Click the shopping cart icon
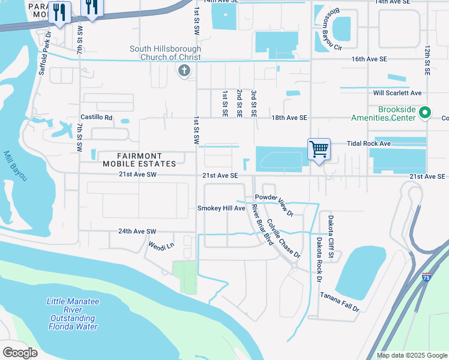319,149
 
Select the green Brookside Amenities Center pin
425,112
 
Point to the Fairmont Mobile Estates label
139,160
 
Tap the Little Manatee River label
73,314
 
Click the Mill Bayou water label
14,167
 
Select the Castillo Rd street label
97,118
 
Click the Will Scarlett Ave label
397,93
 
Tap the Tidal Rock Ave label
369,144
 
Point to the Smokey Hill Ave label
221,208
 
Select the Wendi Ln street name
161,245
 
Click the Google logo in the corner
20,352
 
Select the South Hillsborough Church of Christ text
166,53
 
